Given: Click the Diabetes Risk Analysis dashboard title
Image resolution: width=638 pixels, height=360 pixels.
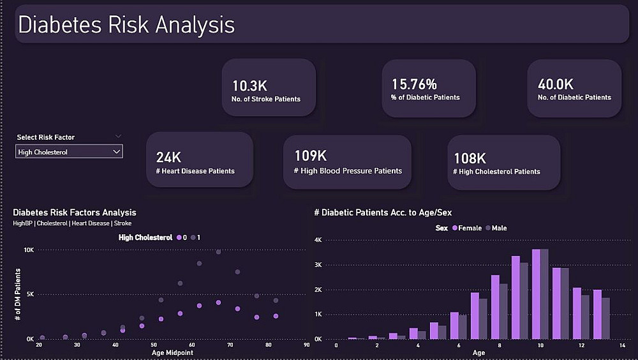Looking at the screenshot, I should click(x=126, y=25).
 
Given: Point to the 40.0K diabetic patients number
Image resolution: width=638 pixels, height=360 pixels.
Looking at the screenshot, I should click(x=556, y=84).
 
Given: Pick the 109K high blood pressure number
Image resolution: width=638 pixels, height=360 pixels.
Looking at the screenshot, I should click(x=311, y=156).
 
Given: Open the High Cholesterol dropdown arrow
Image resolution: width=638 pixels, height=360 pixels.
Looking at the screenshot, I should click(x=116, y=152).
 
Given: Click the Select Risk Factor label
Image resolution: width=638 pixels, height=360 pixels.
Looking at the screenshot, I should click(x=46, y=137).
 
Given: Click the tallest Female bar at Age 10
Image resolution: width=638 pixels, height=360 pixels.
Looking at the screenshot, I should click(x=536, y=294).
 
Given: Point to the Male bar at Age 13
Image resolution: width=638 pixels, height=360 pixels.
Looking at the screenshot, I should click(x=606, y=319).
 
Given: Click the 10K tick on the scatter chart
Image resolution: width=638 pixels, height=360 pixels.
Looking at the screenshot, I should click(x=29, y=250).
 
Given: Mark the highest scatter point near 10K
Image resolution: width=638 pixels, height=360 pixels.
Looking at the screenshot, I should click(x=218, y=252).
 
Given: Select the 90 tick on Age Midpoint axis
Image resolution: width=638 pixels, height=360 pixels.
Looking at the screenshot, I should click(x=306, y=345).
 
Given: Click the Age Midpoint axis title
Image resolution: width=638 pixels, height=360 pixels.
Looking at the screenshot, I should click(x=172, y=352).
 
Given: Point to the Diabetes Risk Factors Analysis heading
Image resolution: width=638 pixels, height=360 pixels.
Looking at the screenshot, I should click(x=75, y=213).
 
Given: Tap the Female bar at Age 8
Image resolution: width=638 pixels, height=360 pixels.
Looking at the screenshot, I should click(x=495, y=307).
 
